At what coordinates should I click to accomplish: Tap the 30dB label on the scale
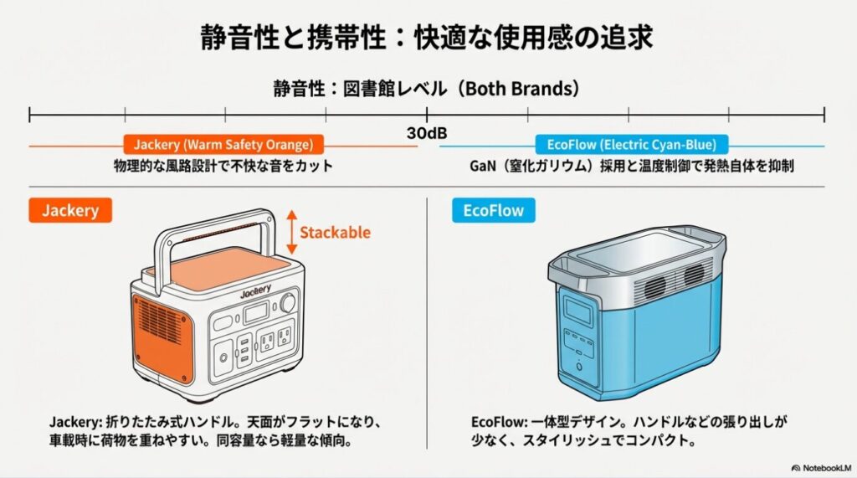(427, 133)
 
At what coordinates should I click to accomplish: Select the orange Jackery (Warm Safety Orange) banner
(223, 144)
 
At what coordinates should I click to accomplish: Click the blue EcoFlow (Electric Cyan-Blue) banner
(631, 144)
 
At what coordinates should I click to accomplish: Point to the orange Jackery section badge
(70, 210)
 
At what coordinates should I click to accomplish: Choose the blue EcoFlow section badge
(493, 210)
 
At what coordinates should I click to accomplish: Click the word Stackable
(335, 232)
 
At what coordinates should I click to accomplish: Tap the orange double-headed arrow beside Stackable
(290, 232)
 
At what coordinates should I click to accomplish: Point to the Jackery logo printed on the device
(256, 294)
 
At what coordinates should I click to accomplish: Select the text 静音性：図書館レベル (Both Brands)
(427, 88)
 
